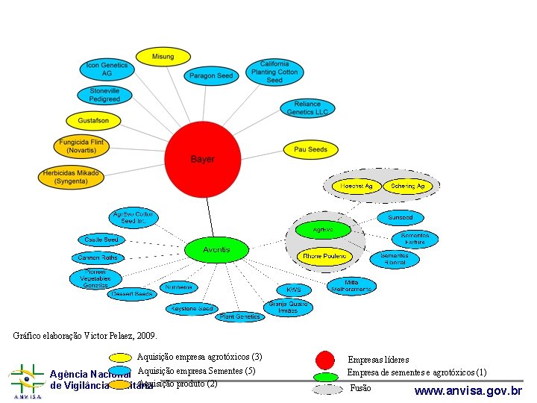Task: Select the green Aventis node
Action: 217,250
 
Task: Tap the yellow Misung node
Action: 163,57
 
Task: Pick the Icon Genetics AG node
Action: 107,69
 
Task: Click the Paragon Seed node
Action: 212,75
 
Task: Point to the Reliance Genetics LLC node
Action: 307,108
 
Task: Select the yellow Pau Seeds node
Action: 310,149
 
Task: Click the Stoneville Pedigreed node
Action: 104,95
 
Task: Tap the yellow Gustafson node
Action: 93,120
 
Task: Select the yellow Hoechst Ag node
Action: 357,186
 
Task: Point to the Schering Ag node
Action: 408,186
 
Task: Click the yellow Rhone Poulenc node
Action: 324,257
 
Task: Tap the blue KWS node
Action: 294,289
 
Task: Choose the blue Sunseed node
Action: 400,218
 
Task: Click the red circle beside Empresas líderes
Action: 325,360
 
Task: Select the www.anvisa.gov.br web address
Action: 468,390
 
